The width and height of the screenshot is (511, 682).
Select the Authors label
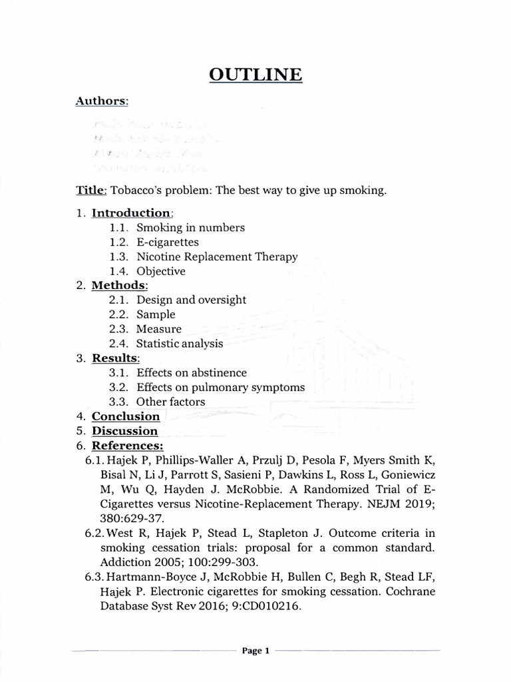pos(102,101)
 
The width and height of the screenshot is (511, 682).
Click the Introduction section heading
pos(131,213)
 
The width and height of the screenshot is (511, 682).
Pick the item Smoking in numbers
pos(190,228)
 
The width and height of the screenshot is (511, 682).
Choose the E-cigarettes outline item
pos(168,242)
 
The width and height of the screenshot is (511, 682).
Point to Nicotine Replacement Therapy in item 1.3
pos(217,257)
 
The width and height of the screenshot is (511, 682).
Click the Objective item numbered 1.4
pos(161,272)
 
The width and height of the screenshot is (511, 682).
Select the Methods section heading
pos(118,286)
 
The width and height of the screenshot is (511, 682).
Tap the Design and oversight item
pos(192,300)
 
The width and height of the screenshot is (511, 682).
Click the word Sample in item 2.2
pos(156,315)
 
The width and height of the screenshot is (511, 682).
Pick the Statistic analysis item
pos(180,344)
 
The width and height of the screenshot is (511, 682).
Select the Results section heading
pos(115,359)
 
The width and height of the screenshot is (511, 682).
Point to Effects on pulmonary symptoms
pos(221,388)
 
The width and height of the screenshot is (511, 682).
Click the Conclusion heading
pos(126,417)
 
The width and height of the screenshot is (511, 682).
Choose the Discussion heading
pos(124,432)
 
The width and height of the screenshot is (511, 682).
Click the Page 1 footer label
pos(255,651)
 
